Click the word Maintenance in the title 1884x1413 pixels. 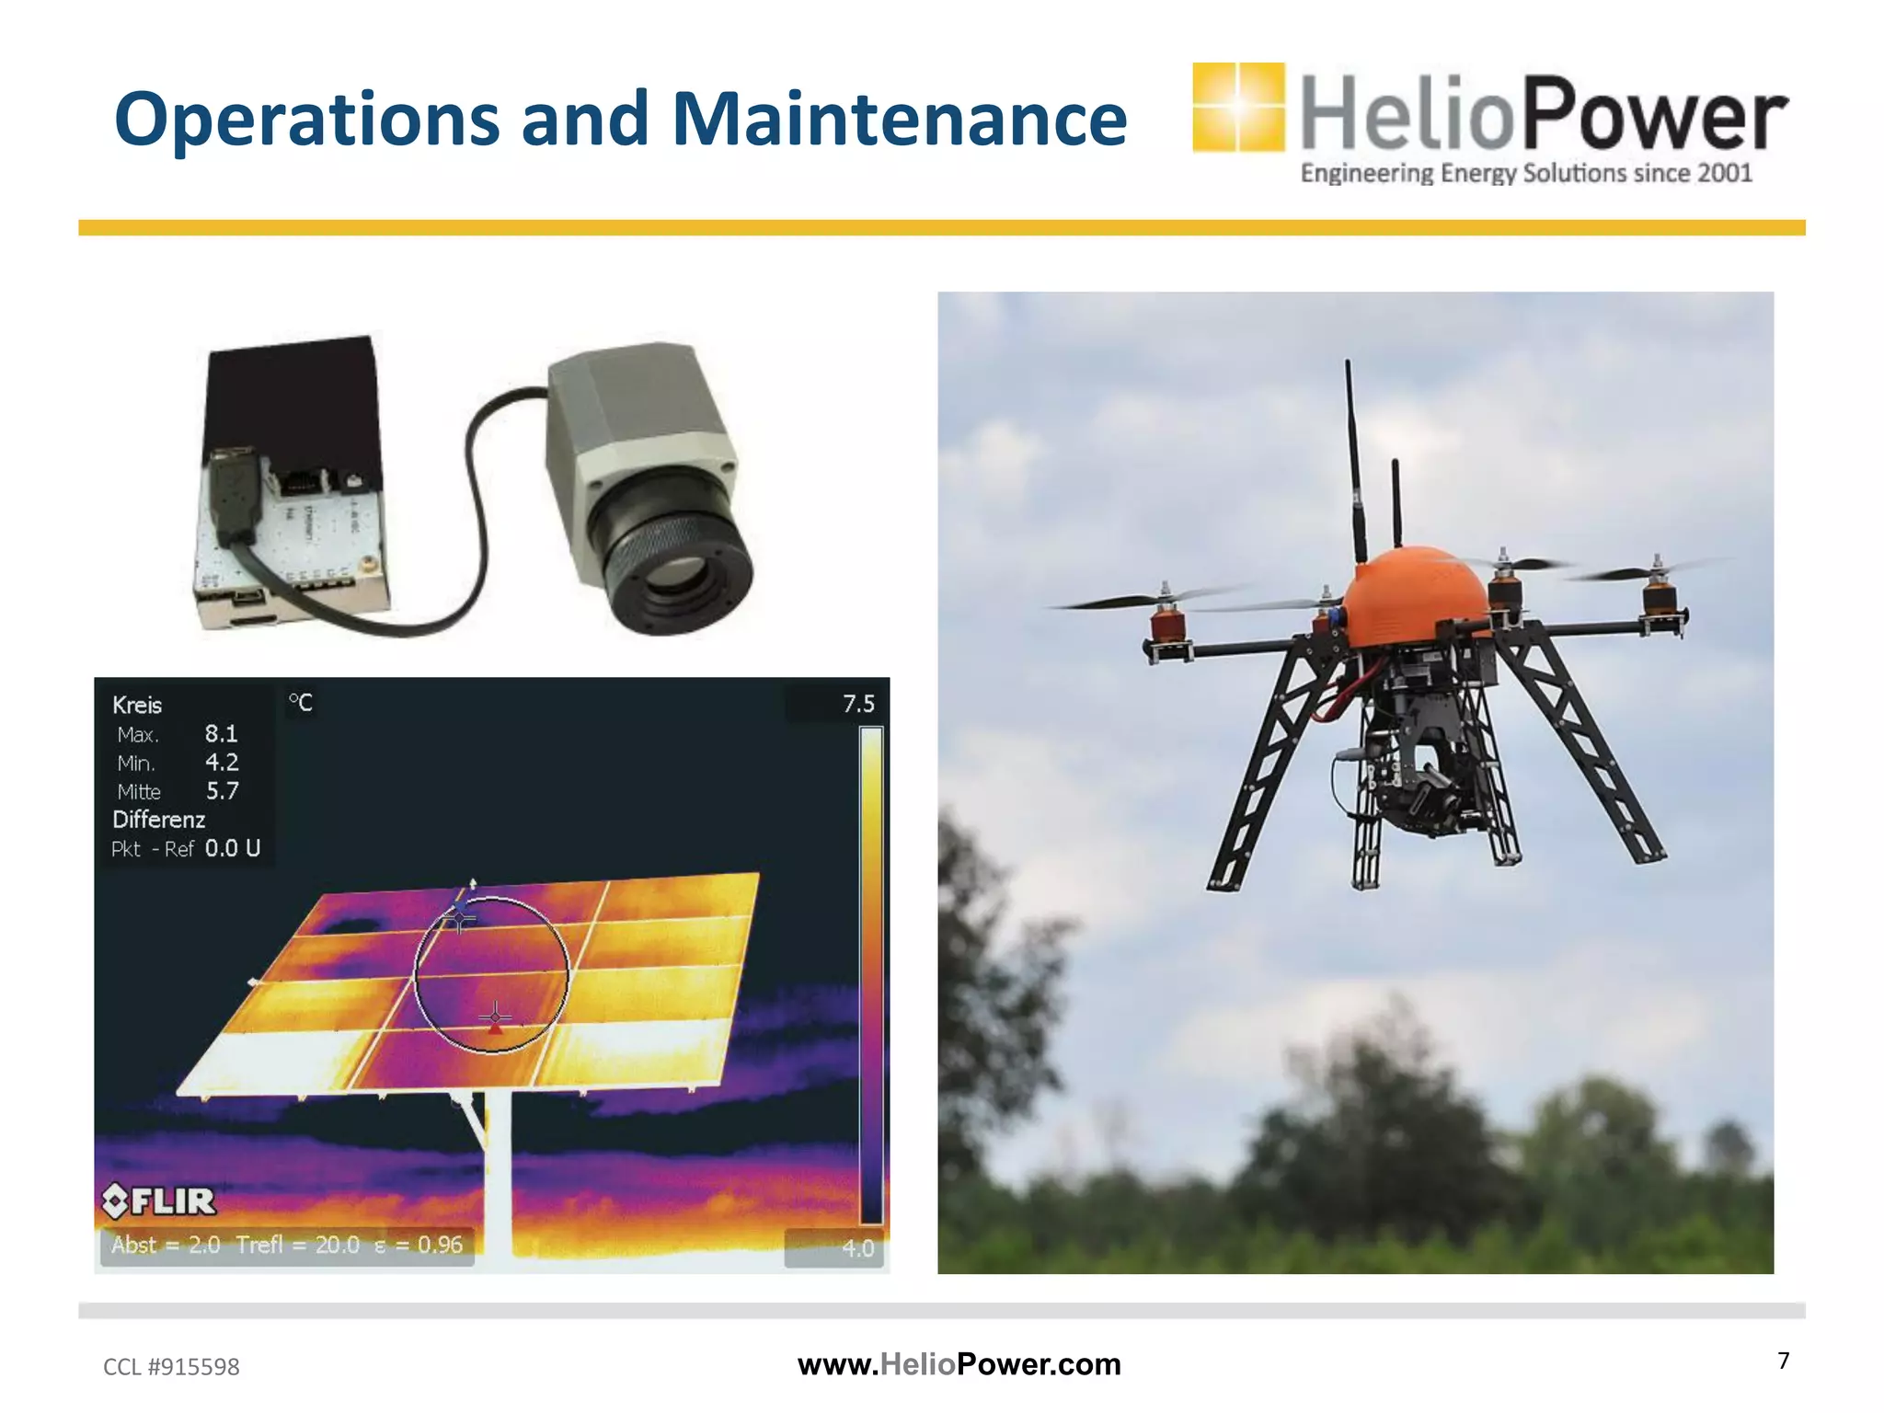pyautogui.click(x=899, y=119)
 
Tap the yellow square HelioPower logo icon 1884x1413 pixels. pyautogui.click(x=1237, y=107)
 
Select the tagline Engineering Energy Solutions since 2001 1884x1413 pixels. pyautogui.click(x=1525, y=173)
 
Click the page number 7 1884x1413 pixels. pyautogui.click(x=1783, y=1361)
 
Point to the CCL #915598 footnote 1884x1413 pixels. pyautogui.click(x=171, y=1367)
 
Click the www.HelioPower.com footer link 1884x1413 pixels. pyautogui.click(x=959, y=1364)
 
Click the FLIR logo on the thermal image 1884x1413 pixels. pyautogui.click(x=159, y=1200)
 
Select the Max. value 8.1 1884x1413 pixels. pyautogui.click(x=221, y=733)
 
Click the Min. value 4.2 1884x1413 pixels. pyautogui.click(x=221, y=762)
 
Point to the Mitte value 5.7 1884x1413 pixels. pyautogui.click(x=222, y=790)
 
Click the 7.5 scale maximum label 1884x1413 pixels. pyautogui.click(x=858, y=704)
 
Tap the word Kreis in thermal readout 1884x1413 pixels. pyautogui.click(x=137, y=706)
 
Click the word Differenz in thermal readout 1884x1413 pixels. pyautogui.click(x=158, y=819)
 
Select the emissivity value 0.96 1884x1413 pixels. pyautogui.click(x=440, y=1245)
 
